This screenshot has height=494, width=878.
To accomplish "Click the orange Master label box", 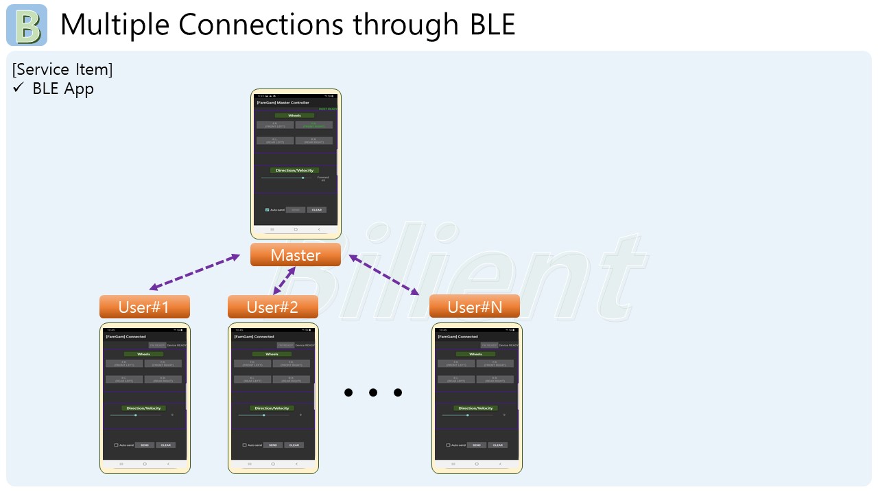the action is tap(295, 255).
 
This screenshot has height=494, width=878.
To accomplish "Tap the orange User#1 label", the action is tap(144, 307).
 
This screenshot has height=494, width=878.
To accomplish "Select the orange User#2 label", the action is tap(272, 307).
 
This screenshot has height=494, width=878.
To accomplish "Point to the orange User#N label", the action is tap(474, 307).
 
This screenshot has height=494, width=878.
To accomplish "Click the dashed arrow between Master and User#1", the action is tap(195, 272).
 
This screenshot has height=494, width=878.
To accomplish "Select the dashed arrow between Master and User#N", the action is tap(384, 275).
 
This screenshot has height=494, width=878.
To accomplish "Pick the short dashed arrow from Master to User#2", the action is tap(285, 281).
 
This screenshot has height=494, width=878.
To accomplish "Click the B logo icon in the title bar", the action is tap(27, 25).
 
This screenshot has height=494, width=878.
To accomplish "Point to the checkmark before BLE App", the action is tap(19, 88).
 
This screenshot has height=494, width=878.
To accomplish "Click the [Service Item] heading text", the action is tap(62, 69).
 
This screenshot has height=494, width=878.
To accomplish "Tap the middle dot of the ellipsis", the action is tap(372, 392).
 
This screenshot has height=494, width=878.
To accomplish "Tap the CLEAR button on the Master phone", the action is tap(316, 210).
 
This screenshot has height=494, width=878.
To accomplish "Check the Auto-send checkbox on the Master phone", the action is tap(267, 210).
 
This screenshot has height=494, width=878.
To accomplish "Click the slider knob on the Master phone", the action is tap(302, 178).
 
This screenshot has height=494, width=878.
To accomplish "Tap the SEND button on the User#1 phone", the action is tap(144, 445).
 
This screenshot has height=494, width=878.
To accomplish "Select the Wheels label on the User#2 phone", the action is tap(272, 354).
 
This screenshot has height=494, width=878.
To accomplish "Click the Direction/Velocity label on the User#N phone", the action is tap(476, 408).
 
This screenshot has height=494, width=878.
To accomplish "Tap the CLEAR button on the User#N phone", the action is tap(497, 445).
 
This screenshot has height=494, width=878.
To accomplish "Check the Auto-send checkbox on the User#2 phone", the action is tap(244, 445).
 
